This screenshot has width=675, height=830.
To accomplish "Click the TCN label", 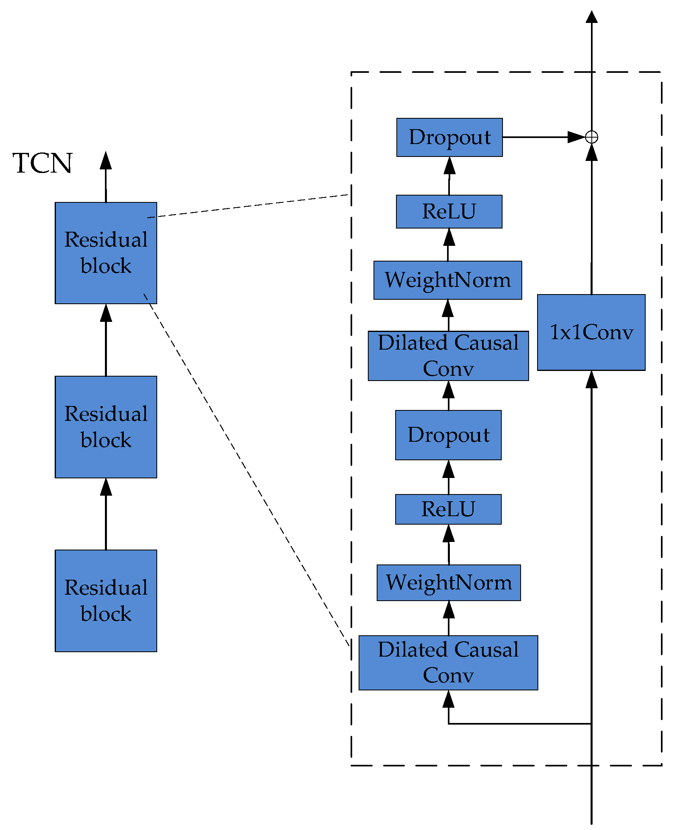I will [42, 163].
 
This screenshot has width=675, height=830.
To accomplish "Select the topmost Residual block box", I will [106, 253].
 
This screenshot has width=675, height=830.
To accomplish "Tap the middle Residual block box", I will [106, 427].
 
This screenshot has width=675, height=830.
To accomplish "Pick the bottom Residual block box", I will [106, 601].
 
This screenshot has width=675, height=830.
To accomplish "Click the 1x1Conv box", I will [591, 332].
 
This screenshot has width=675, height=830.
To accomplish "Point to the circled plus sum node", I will [591, 137].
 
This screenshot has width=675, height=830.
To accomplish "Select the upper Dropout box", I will [449, 137].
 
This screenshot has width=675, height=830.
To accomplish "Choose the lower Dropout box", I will [448, 435].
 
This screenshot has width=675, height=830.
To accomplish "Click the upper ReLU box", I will [449, 212].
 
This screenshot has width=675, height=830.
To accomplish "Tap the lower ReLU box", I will [448, 509].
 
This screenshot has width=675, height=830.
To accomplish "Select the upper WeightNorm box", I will [447, 280].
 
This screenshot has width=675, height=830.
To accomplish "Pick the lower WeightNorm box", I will [449, 583].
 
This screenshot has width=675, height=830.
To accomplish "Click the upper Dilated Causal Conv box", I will [448, 356].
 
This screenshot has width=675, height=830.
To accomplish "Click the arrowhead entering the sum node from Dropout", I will [576, 137].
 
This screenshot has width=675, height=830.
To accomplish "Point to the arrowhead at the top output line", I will [591, 17].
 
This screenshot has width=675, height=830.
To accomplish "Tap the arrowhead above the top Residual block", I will [106, 160].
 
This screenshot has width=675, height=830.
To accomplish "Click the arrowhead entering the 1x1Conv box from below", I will [591, 379].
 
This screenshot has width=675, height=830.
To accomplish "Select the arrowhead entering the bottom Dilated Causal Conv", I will [449, 699].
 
